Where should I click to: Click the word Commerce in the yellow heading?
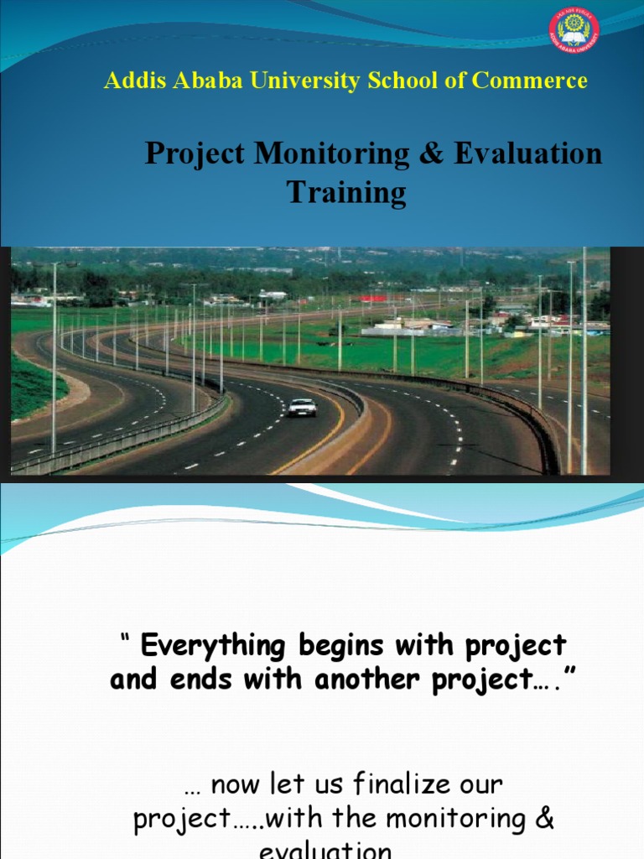coord(529,81)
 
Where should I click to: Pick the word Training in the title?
coord(346,193)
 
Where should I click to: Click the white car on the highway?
coord(302,407)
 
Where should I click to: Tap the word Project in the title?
coord(195,154)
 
